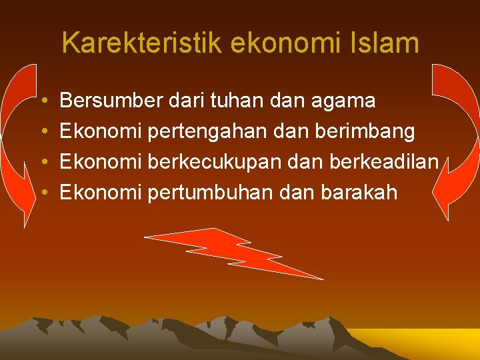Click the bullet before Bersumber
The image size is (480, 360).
[x=43, y=101]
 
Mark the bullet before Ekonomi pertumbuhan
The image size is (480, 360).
[x=43, y=193]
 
